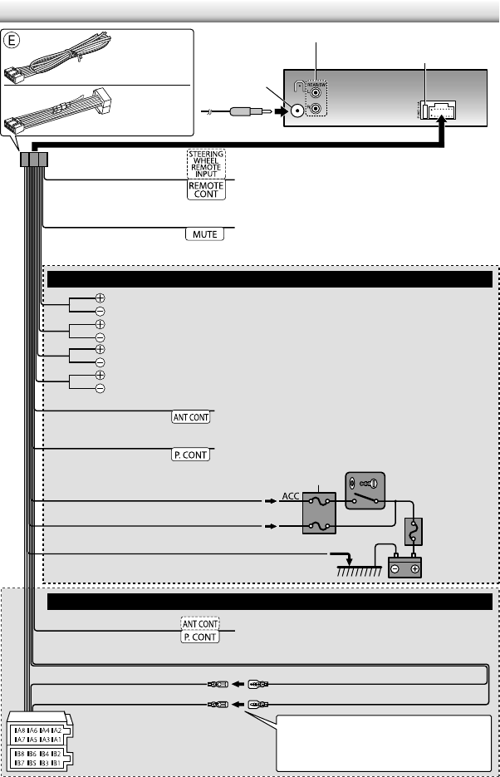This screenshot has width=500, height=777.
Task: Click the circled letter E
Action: pos(12,39)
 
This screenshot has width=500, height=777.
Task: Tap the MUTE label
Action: pos(204,234)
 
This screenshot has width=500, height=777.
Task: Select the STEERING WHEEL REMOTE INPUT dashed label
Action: pos(203,164)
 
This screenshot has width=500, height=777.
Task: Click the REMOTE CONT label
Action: pos(203,189)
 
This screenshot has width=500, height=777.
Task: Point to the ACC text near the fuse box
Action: pos(291,495)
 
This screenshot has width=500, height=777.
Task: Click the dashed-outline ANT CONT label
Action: pos(200,622)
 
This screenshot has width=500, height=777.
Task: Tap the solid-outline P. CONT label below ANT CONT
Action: pos(200,637)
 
